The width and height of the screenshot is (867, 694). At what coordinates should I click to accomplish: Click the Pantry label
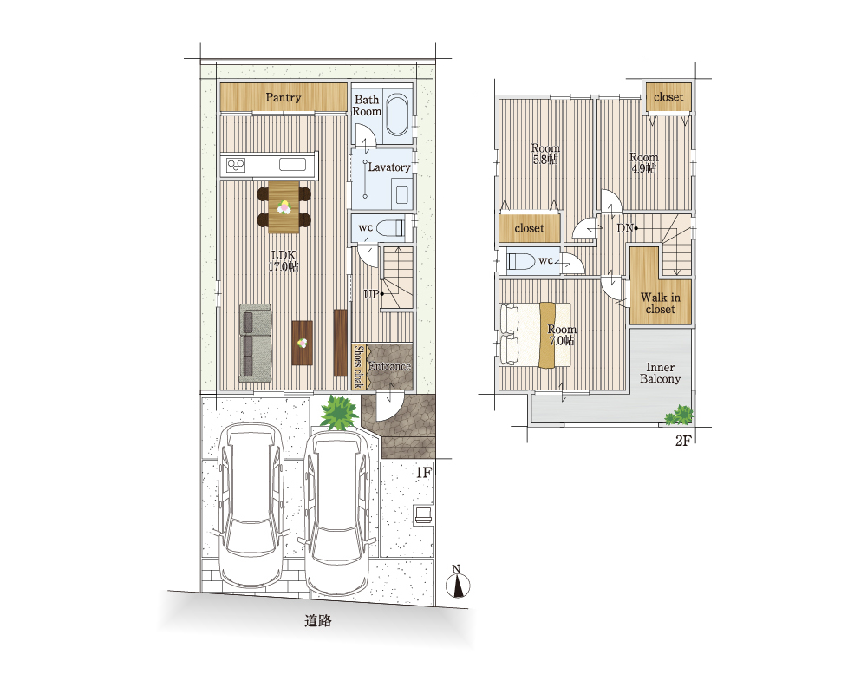(284, 98)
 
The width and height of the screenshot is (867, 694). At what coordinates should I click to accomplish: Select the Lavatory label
(389, 167)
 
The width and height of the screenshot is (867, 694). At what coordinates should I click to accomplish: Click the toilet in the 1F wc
(391, 227)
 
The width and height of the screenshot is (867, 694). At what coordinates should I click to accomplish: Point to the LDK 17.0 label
(284, 260)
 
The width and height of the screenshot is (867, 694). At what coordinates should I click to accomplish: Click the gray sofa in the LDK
(256, 343)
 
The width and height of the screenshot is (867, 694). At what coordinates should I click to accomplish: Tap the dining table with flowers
(284, 207)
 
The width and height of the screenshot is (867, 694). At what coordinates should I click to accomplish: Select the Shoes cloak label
(358, 366)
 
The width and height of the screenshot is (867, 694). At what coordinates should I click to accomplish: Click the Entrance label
(390, 366)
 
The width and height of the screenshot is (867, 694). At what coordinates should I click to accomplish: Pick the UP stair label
(371, 294)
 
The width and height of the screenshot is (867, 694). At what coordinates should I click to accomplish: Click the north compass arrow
(458, 585)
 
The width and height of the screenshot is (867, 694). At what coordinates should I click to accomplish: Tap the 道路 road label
(318, 621)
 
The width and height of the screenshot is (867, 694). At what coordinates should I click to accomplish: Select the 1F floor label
(423, 472)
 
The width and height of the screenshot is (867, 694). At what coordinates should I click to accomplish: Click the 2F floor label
(683, 441)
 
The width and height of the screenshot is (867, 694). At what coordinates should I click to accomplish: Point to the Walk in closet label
(660, 304)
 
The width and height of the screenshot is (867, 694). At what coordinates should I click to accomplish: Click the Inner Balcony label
(660, 373)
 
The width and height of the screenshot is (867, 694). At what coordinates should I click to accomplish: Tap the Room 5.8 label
(545, 154)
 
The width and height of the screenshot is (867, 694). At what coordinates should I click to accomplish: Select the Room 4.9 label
(643, 163)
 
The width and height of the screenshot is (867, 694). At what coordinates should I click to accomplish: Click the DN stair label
(624, 228)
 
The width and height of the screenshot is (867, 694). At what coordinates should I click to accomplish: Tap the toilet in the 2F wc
(521, 260)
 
